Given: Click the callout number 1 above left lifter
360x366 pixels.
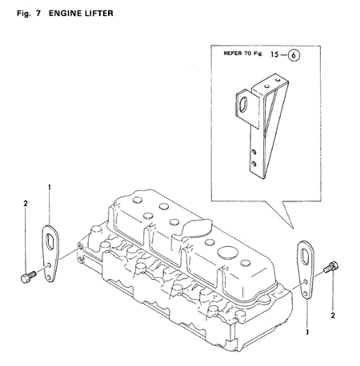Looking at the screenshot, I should pos(50,188).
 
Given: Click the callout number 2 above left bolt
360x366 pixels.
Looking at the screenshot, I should pos(26,204).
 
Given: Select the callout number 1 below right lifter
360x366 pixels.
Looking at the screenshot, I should pos(307,328).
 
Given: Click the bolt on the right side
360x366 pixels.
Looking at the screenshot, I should pos(331,269).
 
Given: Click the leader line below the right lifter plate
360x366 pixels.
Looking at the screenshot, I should pos(307,312).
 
